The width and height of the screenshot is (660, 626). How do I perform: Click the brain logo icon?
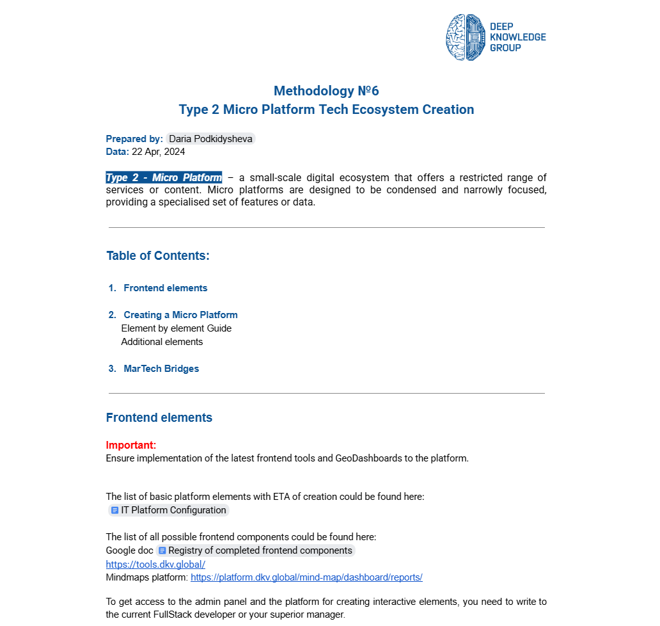tap(465, 38)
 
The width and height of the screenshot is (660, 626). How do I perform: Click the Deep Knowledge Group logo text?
tap(517, 37)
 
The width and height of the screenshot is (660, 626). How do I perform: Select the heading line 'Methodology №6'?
tap(326, 91)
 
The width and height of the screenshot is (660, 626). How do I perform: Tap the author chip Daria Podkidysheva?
tap(210, 139)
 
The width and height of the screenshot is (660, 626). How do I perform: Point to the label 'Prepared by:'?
tap(134, 139)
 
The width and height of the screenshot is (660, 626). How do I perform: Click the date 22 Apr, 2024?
tap(158, 152)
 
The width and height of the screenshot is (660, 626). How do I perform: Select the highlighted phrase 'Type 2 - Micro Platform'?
tap(164, 177)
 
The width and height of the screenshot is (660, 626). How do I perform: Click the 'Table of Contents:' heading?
tap(158, 256)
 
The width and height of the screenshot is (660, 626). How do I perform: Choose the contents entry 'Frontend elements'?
tap(166, 288)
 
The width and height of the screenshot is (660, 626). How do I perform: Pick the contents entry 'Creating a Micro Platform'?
tap(180, 315)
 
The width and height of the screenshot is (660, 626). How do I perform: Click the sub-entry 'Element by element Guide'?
tap(177, 328)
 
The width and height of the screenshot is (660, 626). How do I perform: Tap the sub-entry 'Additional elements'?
tap(162, 342)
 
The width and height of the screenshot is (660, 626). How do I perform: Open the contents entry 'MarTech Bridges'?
tap(161, 369)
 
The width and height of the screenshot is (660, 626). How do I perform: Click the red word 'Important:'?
tap(131, 445)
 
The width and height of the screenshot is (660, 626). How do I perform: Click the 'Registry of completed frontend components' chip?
tap(256, 550)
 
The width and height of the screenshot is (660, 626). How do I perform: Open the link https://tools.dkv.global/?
tap(155, 564)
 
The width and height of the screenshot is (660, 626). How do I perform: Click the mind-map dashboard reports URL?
tap(306, 577)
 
